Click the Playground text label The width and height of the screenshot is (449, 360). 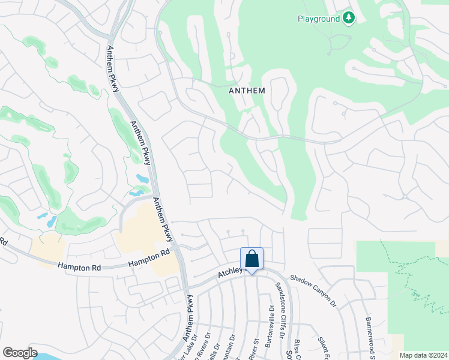[318, 19]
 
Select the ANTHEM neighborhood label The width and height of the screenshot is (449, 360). [247, 91]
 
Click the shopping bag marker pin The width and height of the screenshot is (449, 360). [252, 259]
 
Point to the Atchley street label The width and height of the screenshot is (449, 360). [229, 273]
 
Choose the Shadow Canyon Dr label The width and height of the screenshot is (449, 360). [313, 292]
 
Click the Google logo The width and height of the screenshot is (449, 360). [20, 353]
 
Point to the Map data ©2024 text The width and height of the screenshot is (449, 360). [424, 355]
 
